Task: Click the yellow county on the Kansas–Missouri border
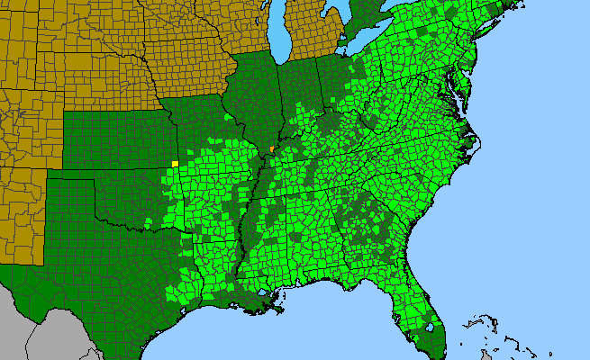pos(175,163)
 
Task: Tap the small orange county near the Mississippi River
pos(271,148)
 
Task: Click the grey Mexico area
pos(54,337)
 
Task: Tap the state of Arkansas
pos(216,203)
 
